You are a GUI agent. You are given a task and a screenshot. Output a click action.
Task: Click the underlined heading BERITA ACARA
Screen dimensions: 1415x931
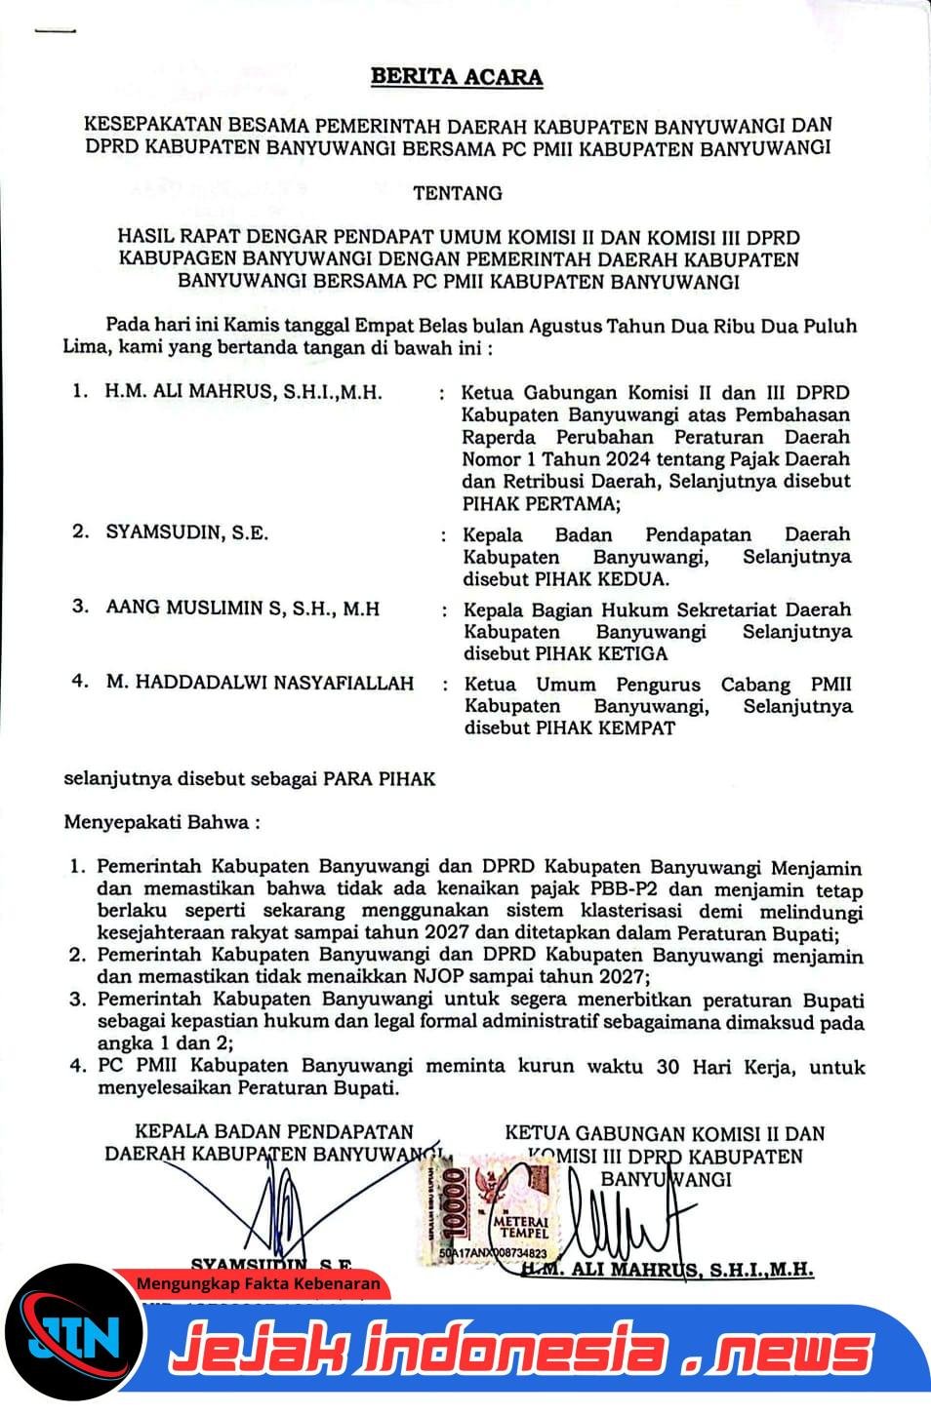coord(457,77)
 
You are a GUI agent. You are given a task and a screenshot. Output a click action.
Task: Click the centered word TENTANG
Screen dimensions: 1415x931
coord(458,193)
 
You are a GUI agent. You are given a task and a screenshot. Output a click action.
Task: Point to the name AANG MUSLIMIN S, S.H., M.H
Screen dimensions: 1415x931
coord(243,609)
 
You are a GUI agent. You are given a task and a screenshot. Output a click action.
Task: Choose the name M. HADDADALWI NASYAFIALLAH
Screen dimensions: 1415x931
coord(260,683)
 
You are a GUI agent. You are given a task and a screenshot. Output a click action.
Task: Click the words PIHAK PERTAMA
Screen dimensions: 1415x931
coord(541,504)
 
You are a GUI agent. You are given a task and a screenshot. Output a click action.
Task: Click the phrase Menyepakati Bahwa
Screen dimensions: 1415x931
coord(161,822)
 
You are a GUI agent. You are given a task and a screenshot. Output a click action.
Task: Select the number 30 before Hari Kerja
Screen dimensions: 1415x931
coord(668,1066)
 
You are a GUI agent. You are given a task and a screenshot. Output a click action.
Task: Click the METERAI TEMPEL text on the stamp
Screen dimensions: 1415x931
coord(522,1227)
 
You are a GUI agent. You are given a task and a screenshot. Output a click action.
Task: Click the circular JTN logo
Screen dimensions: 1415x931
coord(74,1335)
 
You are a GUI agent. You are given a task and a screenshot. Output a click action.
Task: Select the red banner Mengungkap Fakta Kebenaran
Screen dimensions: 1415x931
coord(258,1284)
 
